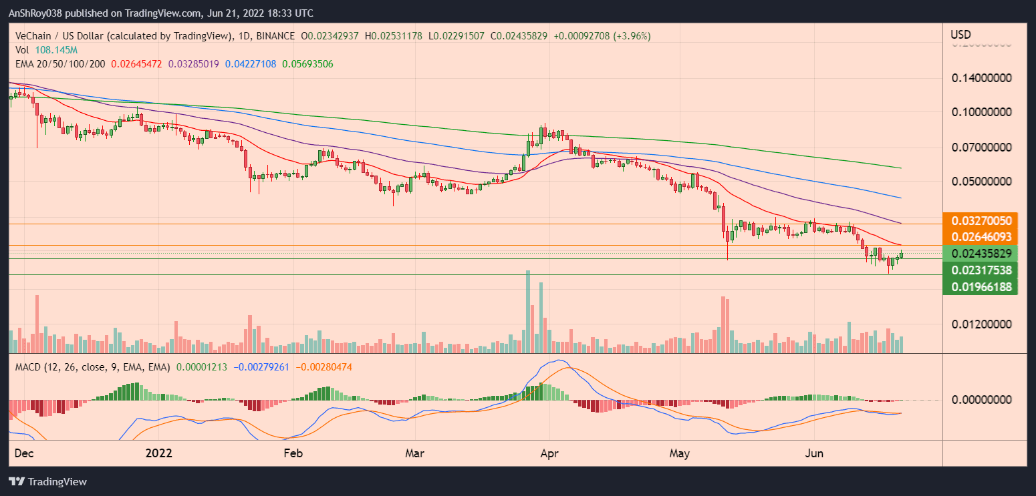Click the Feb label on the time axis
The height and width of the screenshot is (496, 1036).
coord(293,453)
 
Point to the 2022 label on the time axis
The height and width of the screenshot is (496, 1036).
coord(159,453)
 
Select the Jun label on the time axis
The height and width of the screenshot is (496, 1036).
coord(814,453)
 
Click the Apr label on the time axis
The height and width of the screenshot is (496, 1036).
coord(549,453)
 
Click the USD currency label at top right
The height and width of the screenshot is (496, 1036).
coord(960,35)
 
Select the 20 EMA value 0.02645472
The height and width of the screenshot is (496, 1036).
coord(142,64)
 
